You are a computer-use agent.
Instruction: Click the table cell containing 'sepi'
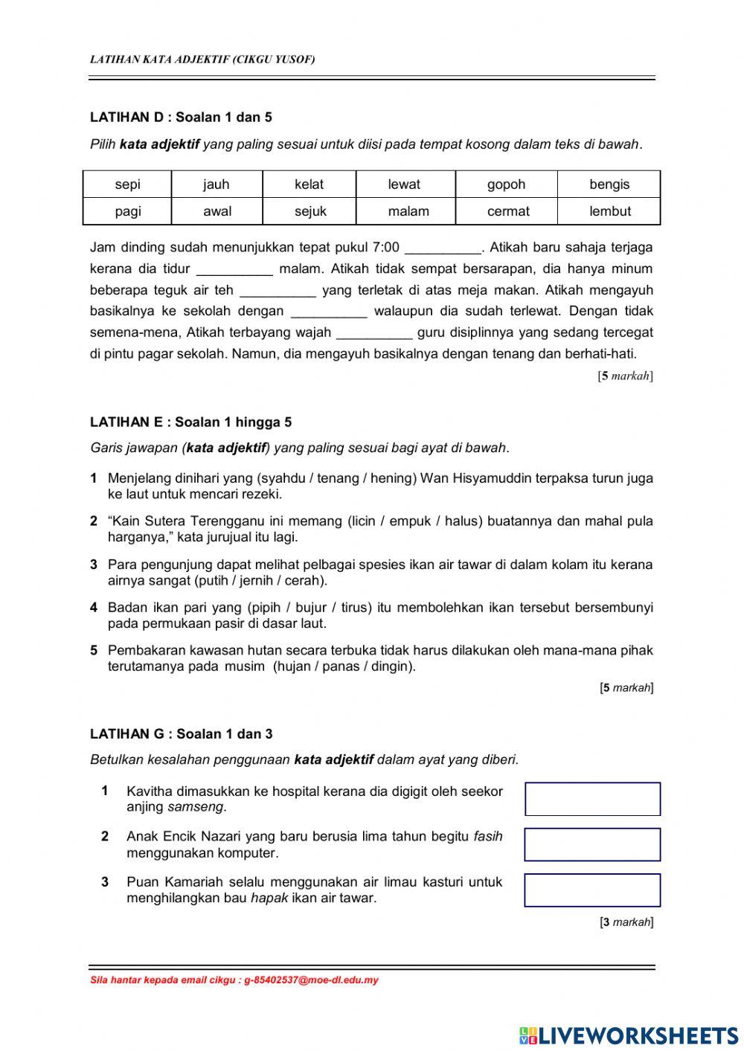(x=127, y=184)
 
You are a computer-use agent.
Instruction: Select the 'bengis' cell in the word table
(x=609, y=184)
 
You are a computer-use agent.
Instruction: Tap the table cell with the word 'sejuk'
(x=310, y=211)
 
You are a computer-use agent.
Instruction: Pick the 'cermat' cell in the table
(x=507, y=211)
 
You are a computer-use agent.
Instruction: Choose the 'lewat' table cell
(x=404, y=184)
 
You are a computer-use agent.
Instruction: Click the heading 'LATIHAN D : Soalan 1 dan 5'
(x=181, y=117)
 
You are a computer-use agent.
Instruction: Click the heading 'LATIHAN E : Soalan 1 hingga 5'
(x=190, y=422)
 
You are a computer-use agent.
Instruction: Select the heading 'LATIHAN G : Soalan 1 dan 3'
(x=181, y=734)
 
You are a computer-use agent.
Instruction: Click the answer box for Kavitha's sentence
(x=592, y=799)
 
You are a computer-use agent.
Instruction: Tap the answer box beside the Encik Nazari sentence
(x=592, y=845)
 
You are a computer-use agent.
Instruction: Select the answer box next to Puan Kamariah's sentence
(x=592, y=890)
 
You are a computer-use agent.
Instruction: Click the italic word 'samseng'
(x=195, y=807)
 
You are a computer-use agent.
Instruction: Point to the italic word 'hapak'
(x=269, y=899)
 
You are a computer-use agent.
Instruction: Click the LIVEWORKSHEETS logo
(x=629, y=1035)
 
